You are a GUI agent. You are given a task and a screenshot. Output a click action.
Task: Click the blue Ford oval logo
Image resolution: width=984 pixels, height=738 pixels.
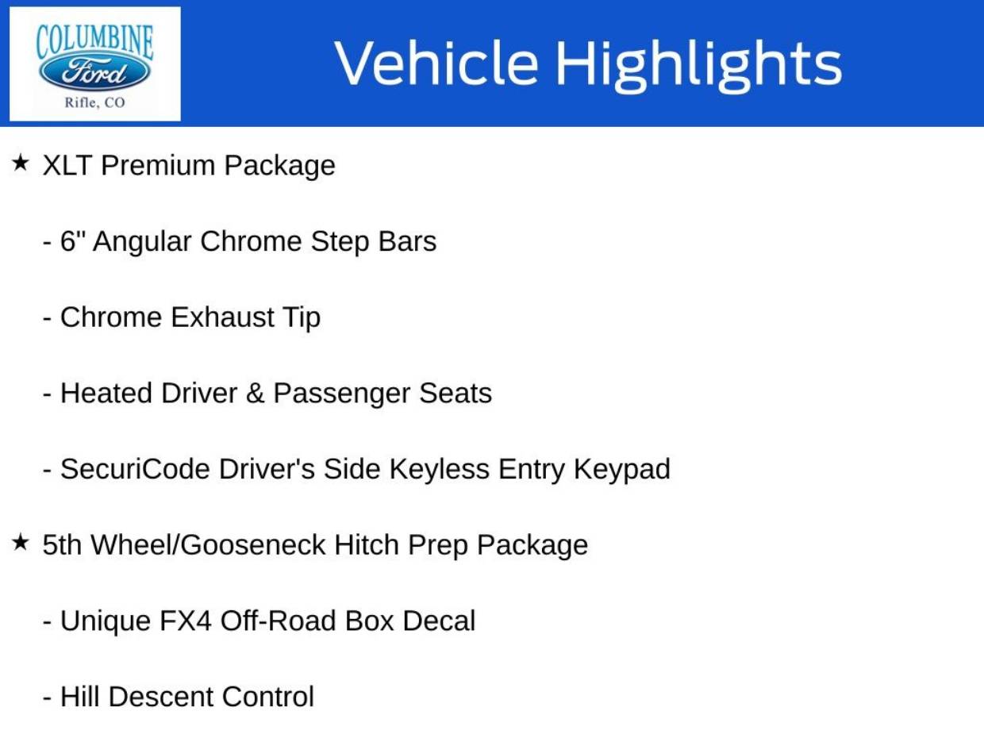(x=94, y=72)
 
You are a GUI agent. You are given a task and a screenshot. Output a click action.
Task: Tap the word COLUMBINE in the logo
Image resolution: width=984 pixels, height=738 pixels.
(x=94, y=42)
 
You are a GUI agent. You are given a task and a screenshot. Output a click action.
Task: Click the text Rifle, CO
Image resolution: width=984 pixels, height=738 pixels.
(x=94, y=102)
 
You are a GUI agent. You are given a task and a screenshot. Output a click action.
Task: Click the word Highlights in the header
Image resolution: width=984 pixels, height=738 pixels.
(x=698, y=66)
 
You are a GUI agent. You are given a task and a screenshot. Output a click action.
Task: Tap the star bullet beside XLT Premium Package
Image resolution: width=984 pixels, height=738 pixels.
(x=20, y=163)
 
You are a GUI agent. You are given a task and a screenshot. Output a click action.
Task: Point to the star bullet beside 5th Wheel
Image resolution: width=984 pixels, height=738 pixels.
(x=20, y=542)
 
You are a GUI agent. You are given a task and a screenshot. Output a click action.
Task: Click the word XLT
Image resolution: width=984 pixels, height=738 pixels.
(x=67, y=165)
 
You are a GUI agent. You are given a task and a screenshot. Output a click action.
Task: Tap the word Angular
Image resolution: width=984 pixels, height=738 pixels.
(x=142, y=242)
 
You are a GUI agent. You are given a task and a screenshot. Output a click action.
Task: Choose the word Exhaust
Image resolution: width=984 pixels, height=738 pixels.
(x=223, y=317)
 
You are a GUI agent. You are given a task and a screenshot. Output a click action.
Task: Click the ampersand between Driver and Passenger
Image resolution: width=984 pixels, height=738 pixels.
(x=255, y=394)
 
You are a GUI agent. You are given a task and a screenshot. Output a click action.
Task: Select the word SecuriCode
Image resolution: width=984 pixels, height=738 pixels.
(x=135, y=469)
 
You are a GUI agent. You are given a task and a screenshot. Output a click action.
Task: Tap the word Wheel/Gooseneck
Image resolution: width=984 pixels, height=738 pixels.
(x=208, y=545)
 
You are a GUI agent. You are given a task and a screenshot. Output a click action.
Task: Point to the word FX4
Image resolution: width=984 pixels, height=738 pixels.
(x=185, y=621)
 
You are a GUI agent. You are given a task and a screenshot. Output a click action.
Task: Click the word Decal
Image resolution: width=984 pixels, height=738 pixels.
(x=439, y=621)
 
